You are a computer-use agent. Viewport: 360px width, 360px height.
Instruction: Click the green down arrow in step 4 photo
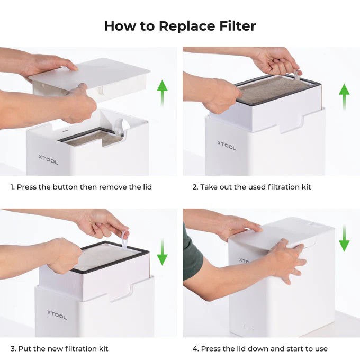(344, 238)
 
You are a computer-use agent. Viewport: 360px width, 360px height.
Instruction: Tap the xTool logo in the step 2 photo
(227, 144)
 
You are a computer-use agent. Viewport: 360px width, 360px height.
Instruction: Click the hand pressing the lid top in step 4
(241, 226)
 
